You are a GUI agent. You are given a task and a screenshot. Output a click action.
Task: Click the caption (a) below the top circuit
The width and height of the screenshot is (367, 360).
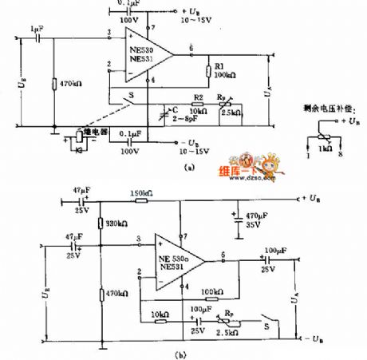tap(188, 168)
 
